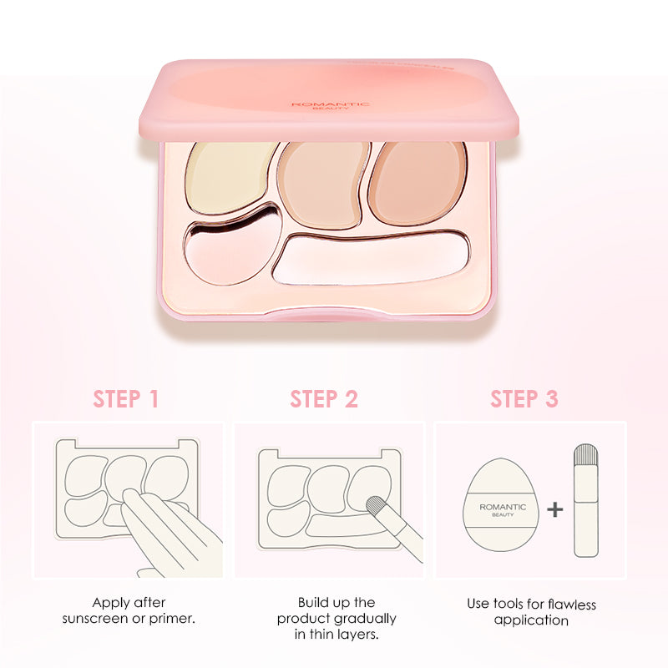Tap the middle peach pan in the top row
tap(323, 184)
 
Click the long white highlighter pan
tap(371, 259)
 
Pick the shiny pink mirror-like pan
tap(232, 247)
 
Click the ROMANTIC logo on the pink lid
tap(330, 104)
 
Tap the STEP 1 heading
tap(126, 399)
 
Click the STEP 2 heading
tap(324, 399)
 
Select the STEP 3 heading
tap(524, 399)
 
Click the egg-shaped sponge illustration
tap(501, 505)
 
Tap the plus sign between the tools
tap(554, 509)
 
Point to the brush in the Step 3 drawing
tap(586, 500)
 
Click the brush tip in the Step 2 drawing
tap(377, 506)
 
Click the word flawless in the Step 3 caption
tap(572, 604)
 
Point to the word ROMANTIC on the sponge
tap(503, 507)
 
